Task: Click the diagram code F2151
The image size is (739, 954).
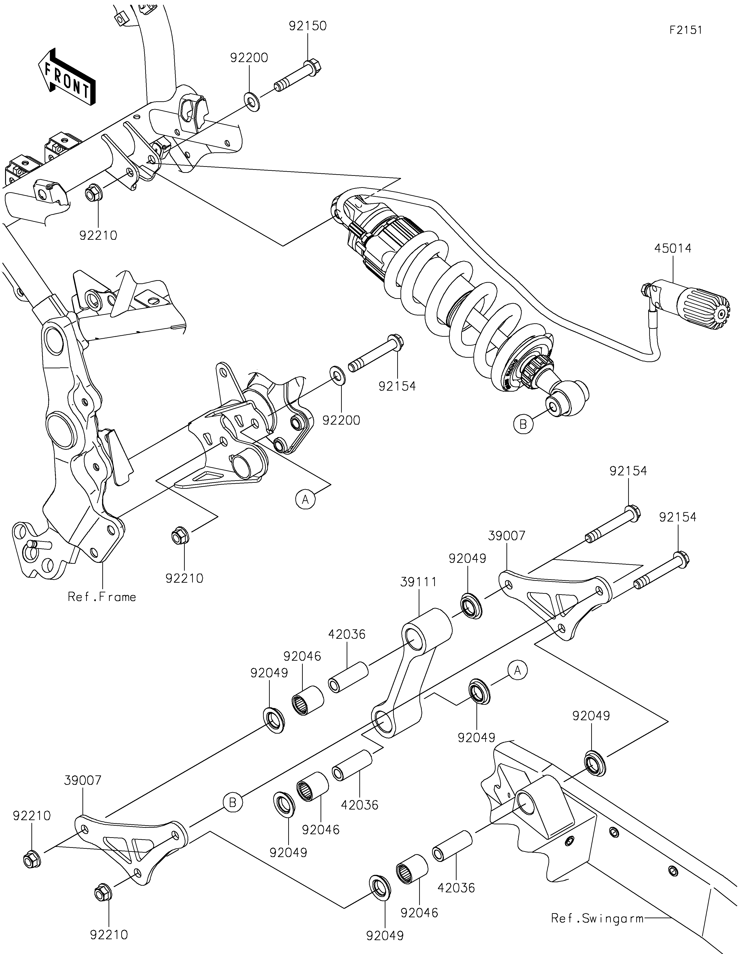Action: [x=686, y=30]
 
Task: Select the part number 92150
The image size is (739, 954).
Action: [x=308, y=26]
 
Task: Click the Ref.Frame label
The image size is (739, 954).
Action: [x=102, y=597]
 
